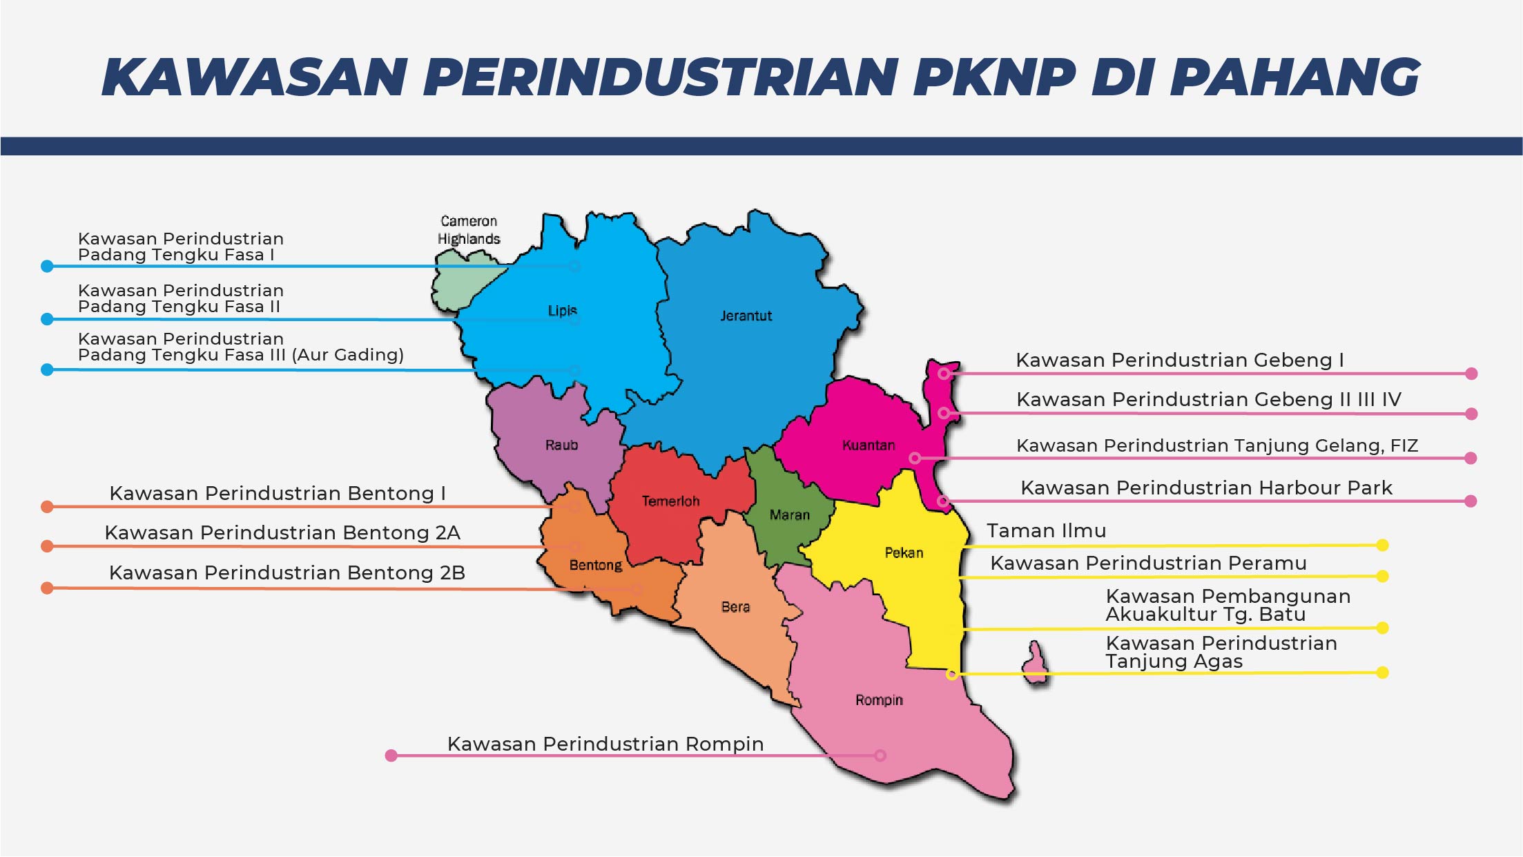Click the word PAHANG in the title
[1294, 77]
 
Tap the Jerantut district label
[746, 316]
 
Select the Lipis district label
[562, 311]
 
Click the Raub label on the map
[561, 445]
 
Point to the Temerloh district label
[670, 501]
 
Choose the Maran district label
[789, 514]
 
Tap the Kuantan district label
[868, 445]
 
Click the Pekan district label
[904, 552]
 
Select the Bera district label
[735, 606]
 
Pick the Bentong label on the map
[595, 565]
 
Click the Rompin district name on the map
[879, 700]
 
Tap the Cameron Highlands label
[469, 230]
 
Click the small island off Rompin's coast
[1035, 663]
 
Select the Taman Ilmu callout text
[1046, 530]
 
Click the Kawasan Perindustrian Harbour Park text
[1206, 488]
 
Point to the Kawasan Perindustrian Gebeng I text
[1179, 360]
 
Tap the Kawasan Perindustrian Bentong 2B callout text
[287, 572]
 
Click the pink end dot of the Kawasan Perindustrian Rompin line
[391, 755]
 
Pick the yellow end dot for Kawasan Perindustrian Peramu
[1382, 576]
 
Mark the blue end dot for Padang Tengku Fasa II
[47, 319]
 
